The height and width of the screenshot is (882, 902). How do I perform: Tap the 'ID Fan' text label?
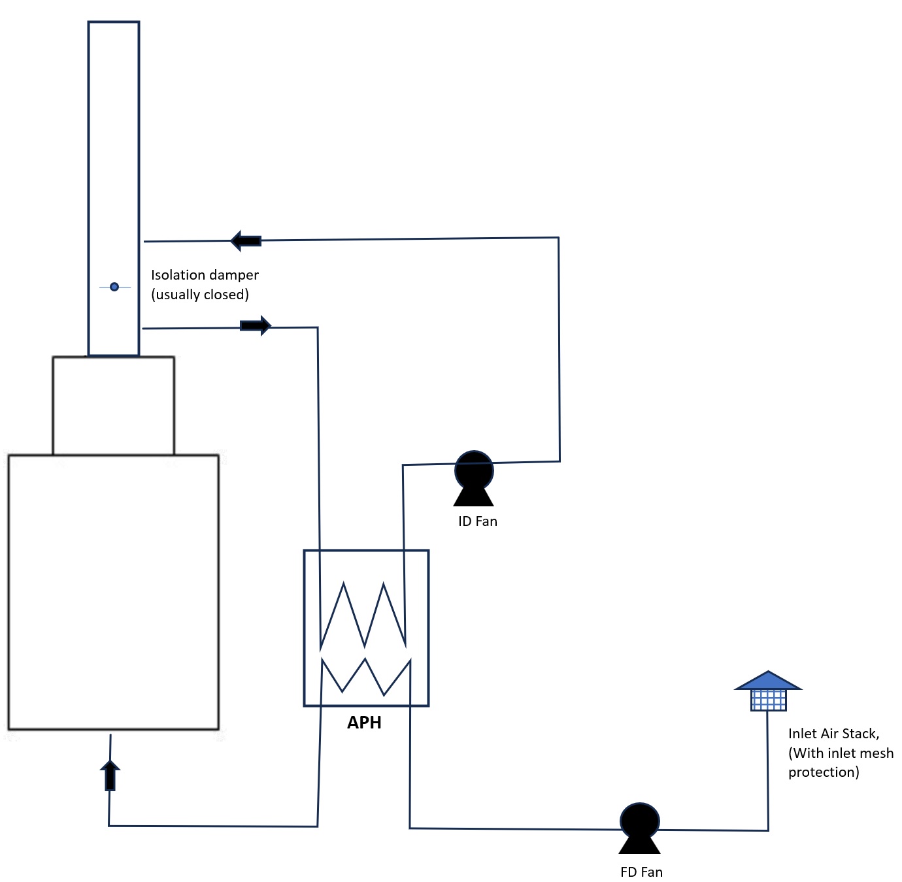[477, 521]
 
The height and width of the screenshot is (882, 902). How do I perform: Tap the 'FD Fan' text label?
[641, 872]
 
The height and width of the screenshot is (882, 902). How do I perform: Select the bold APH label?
[364, 723]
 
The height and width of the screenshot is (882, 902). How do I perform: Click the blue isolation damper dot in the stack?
[114, 287]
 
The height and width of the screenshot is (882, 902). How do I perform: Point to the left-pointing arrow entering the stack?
[246, 240]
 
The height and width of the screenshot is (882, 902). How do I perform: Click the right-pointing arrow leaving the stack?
[256, 325]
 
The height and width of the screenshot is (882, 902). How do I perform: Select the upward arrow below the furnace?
[110, 775]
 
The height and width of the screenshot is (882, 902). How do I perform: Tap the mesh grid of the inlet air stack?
[768, 700]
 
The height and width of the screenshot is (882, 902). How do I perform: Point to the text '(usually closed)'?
[200, 295]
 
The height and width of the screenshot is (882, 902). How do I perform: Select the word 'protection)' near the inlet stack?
[824, 772]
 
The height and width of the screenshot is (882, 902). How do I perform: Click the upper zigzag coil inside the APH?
[363, 614]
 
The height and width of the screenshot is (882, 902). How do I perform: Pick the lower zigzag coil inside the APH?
[365, 676]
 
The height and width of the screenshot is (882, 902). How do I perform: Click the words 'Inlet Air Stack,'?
[833, 734]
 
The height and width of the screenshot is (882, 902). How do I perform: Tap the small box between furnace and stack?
[113, 405]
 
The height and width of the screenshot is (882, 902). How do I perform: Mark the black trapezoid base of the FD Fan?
[639, 846]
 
